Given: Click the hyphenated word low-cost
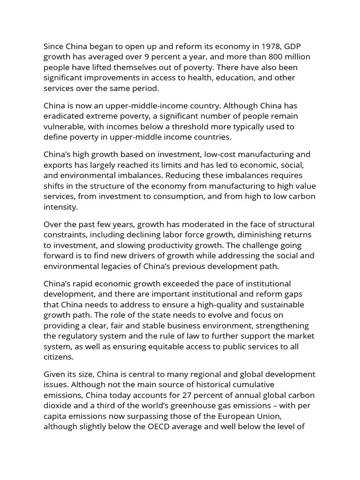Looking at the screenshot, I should point(207,154).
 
